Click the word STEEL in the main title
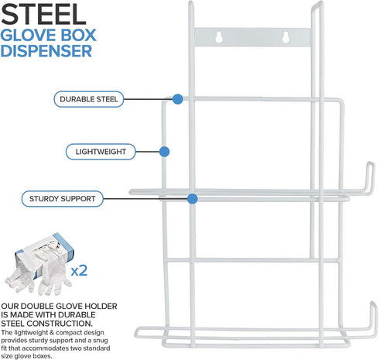43,14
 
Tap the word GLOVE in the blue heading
26,36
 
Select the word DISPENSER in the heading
46,51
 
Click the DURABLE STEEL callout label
89,99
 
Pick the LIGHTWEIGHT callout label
101,152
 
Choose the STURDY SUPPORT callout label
63,199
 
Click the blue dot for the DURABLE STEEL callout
178,99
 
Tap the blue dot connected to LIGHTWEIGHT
164,152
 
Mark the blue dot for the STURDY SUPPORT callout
193,199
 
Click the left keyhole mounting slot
219,37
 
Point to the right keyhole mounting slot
285,37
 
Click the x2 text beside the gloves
79,271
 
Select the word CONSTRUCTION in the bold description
59,324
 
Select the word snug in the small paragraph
101,341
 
